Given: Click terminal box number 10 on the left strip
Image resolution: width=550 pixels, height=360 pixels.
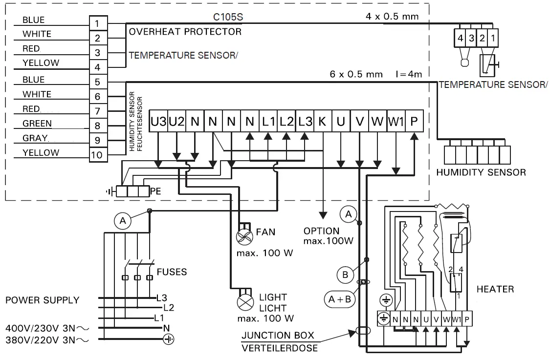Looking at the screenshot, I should click(x=97, y=155).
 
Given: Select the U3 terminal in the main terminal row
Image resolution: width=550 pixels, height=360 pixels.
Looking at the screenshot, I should click(x=158, y=122).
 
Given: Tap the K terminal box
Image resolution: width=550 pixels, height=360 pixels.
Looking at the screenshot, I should click(x=322, y=122).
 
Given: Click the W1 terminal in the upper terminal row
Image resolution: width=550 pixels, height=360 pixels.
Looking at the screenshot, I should click(x=395, y=122).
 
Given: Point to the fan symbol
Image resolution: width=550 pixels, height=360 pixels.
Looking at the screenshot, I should click(x=243, y=237).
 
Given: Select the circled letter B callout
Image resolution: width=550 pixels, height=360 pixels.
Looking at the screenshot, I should click(x=345, y=275).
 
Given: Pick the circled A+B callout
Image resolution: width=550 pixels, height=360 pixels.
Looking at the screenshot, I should click(x=338, y=298).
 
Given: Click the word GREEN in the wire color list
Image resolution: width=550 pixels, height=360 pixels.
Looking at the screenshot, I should click(x=37, y=124).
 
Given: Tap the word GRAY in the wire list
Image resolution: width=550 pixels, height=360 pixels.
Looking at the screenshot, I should click(x=35, y=138).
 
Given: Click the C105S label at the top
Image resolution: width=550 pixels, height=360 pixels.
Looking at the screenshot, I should click(x=228, y=17).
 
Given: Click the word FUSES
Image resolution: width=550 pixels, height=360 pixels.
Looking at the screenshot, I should click(x=172, y=272).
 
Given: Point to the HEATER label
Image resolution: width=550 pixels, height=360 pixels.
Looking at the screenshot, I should click(x=495, y=289).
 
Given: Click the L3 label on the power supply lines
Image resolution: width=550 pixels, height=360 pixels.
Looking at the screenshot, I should click(x=162, y=297).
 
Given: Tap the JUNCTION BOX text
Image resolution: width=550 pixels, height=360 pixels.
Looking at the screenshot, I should click(x=278, y=336).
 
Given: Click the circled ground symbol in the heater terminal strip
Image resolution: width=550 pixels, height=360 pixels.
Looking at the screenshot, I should click(x=384, y=318).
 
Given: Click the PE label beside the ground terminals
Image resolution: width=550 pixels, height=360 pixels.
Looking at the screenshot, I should click(x=155, y=191).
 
